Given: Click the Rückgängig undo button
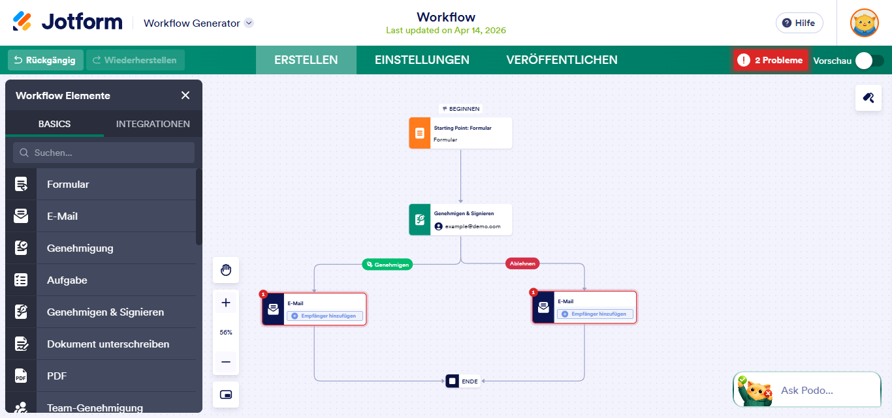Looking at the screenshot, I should tap(46, 60).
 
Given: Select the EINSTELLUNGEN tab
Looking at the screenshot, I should tap(422, 60).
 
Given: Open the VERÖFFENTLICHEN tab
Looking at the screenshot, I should tap(562, 60).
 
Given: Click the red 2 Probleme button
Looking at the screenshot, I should tap(771, 61).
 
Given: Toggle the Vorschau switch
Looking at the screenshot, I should tap(870, 61).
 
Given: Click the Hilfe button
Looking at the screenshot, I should tap(799, 23).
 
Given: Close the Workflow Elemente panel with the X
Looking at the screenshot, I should tap(185, 96).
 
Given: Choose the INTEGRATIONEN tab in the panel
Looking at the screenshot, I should tap(153, 124).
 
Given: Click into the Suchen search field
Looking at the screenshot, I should tap(104, 153).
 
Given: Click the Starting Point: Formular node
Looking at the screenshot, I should tap(460, 133).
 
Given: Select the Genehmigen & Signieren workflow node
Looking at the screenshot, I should tap(460, 220).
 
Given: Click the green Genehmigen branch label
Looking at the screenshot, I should tap(388, 265).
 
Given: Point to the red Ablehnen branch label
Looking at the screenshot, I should tap(522, 263).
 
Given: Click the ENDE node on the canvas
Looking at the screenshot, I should tap(463, 381).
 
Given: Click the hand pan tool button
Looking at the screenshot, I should tap(226, 270).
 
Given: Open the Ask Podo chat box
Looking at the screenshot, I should tap(807, 391).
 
